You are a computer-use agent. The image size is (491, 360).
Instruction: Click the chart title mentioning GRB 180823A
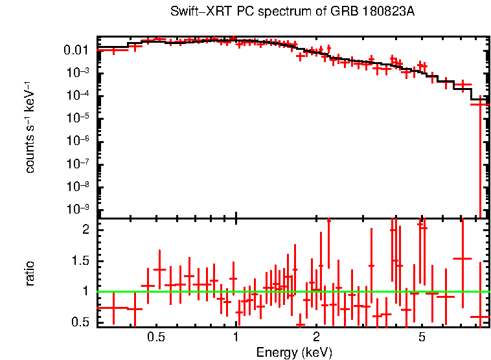[x=292, y=12]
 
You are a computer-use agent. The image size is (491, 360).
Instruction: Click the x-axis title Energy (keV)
[x=294, y=352]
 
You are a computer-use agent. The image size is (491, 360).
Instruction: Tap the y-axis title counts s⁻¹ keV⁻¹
[x=29, y=127]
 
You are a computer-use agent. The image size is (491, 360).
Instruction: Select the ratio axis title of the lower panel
[x=29, y=273]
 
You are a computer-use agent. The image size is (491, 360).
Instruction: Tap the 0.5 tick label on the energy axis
[x=155, y=337]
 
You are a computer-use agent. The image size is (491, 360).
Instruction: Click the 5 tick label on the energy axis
[x=422, y=337]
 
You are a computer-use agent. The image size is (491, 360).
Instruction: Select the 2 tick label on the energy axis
[x=316, y=337]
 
